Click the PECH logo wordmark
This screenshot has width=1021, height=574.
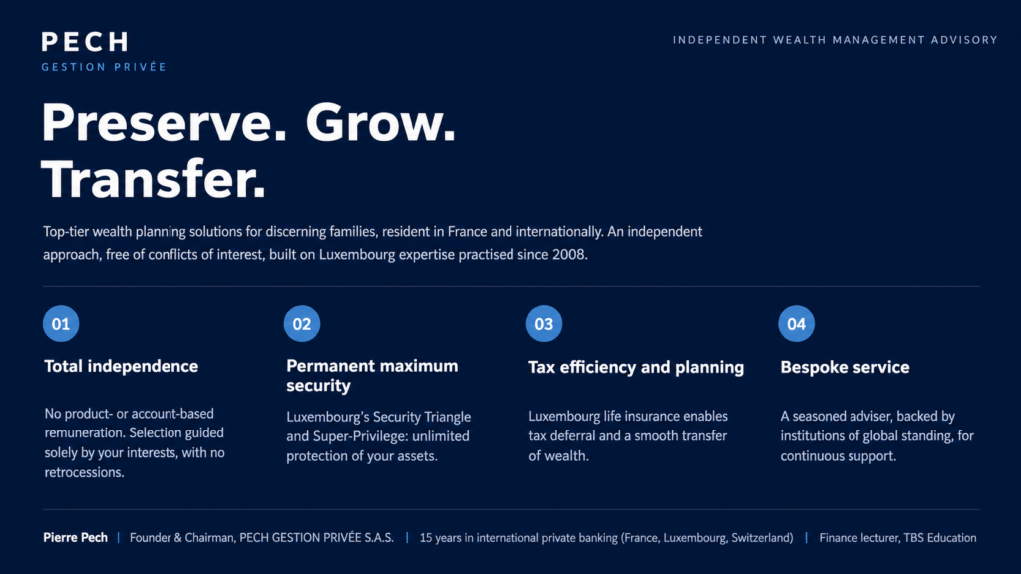point(85,42)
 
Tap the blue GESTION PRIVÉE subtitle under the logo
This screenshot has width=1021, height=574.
point(104,67)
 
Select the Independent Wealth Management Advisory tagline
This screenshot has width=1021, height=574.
point(835,40)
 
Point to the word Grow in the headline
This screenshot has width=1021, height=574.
point(380,123)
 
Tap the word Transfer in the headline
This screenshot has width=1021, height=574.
point(154,179)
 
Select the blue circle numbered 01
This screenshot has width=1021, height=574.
point(61,324)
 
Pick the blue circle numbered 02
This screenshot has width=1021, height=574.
point(302,324)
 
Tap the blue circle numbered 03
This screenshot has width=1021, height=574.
point(544,324)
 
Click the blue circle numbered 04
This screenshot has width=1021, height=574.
point(797,324)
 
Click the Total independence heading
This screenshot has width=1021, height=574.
point(121,366)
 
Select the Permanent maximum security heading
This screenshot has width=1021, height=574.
point(372,376)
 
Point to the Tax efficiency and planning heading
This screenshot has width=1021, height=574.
point(636,367)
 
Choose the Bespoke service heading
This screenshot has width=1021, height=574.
point(845,367)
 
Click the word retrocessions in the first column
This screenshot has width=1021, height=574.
point(83,473)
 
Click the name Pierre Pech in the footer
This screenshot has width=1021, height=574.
point(75,537)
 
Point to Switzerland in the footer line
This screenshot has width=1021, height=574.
point(760,538)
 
